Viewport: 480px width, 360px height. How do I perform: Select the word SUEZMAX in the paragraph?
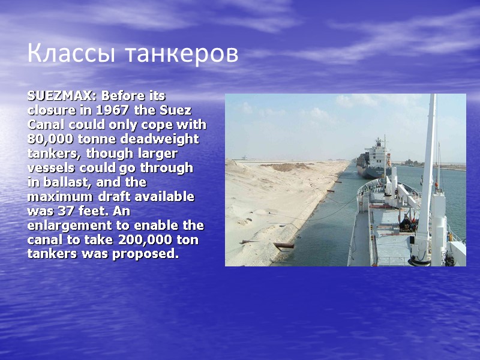(x=61, y=96)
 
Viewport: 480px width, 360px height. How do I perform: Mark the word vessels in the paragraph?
(x=50, y=168)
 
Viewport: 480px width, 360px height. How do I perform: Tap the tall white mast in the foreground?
(x=428, y=168)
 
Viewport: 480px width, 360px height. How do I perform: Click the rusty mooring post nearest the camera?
(x=284, y=245)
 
